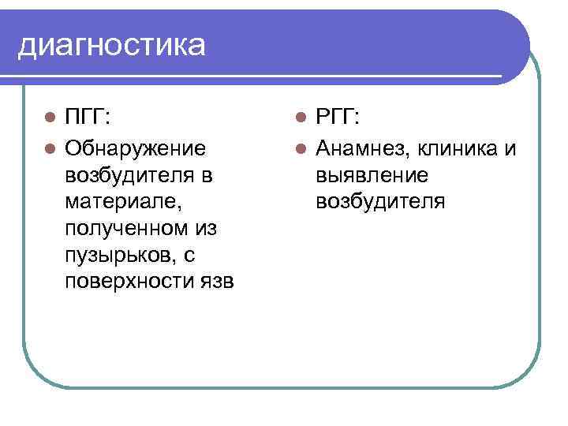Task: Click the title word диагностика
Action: click(111, 45)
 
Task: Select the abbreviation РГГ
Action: click(336, 118)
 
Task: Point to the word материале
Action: click(122, 201)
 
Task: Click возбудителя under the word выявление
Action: click(380, 201)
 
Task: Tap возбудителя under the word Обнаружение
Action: click(129, 174)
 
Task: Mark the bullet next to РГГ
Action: click(301, 118)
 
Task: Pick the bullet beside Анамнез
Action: click(301, 147)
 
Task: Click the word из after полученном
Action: click(207, 229)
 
